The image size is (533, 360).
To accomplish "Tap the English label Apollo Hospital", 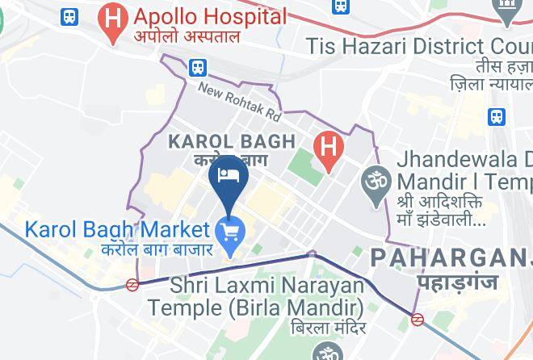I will click(x=210, y=16).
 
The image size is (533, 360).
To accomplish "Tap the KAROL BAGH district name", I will click(x=231, y=141).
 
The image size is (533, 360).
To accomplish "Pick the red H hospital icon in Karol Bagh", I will click(x=328, y=149).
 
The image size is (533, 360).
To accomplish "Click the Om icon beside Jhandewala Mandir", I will click(x=373, y=178).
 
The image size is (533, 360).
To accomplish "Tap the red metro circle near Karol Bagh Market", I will click(x=132, y=284).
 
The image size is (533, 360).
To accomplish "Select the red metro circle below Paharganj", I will click(x=418, y=319).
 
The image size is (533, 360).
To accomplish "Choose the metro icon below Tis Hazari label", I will click(x=497, y=116).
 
